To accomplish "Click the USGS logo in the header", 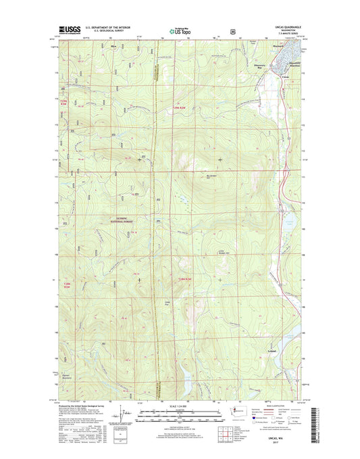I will (x=70, y=30).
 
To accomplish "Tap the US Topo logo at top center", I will (x=180, y=30).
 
